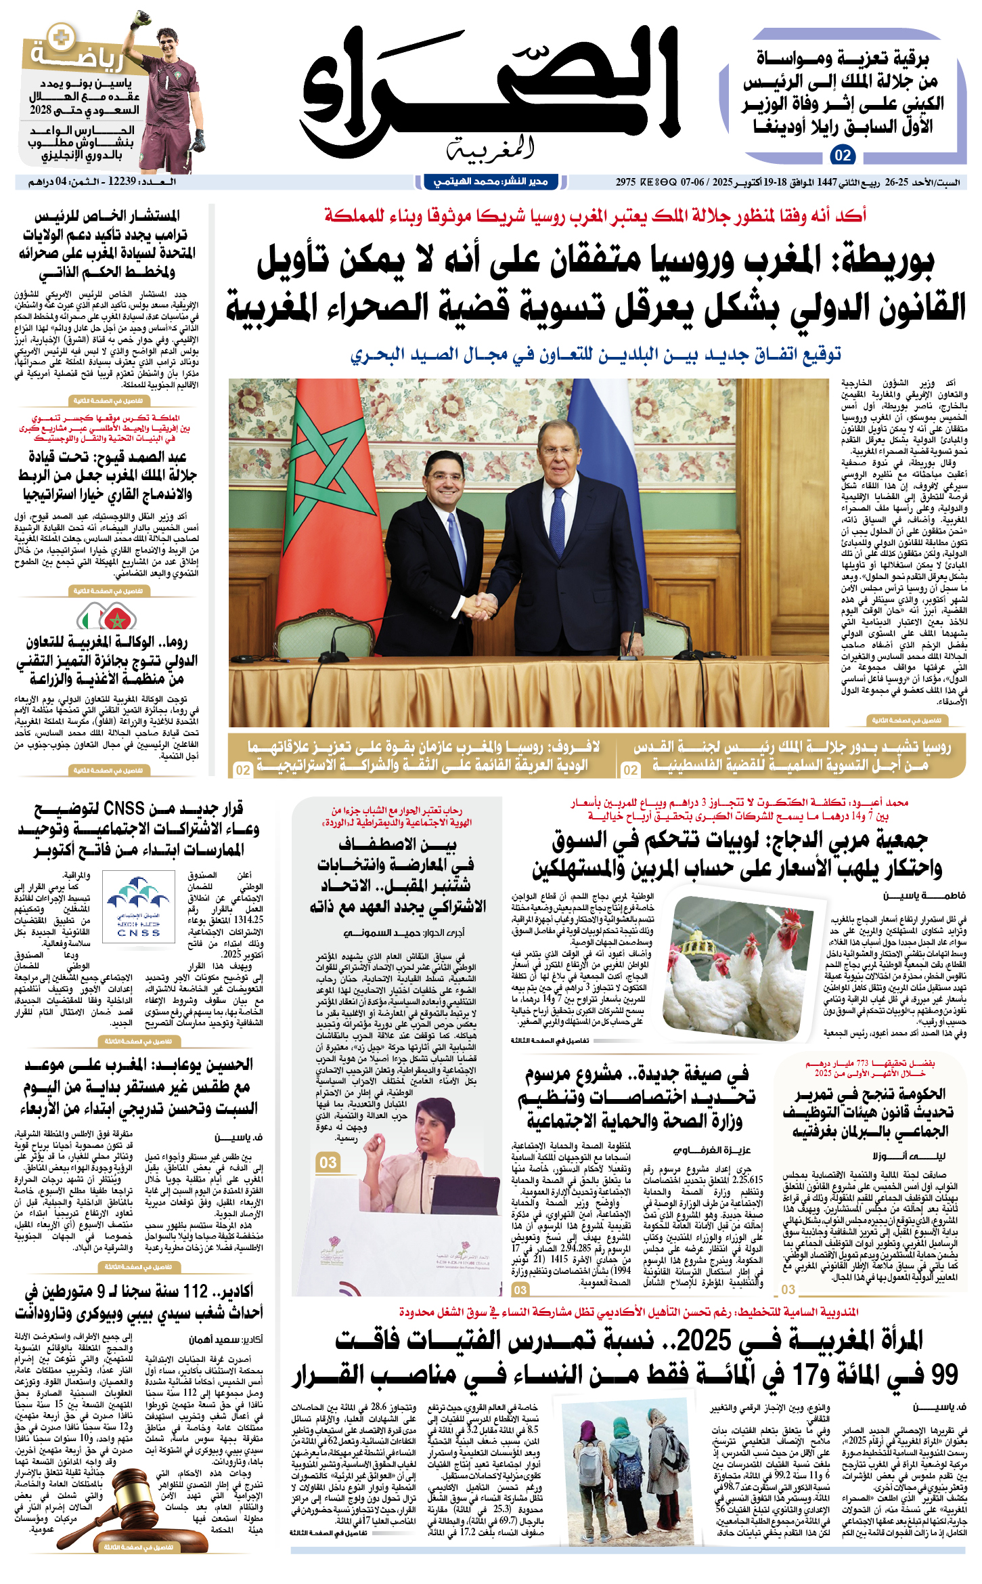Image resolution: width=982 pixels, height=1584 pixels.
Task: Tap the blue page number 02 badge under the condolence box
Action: pos(842,155)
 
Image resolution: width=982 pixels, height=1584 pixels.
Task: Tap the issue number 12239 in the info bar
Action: pos(122,181)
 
